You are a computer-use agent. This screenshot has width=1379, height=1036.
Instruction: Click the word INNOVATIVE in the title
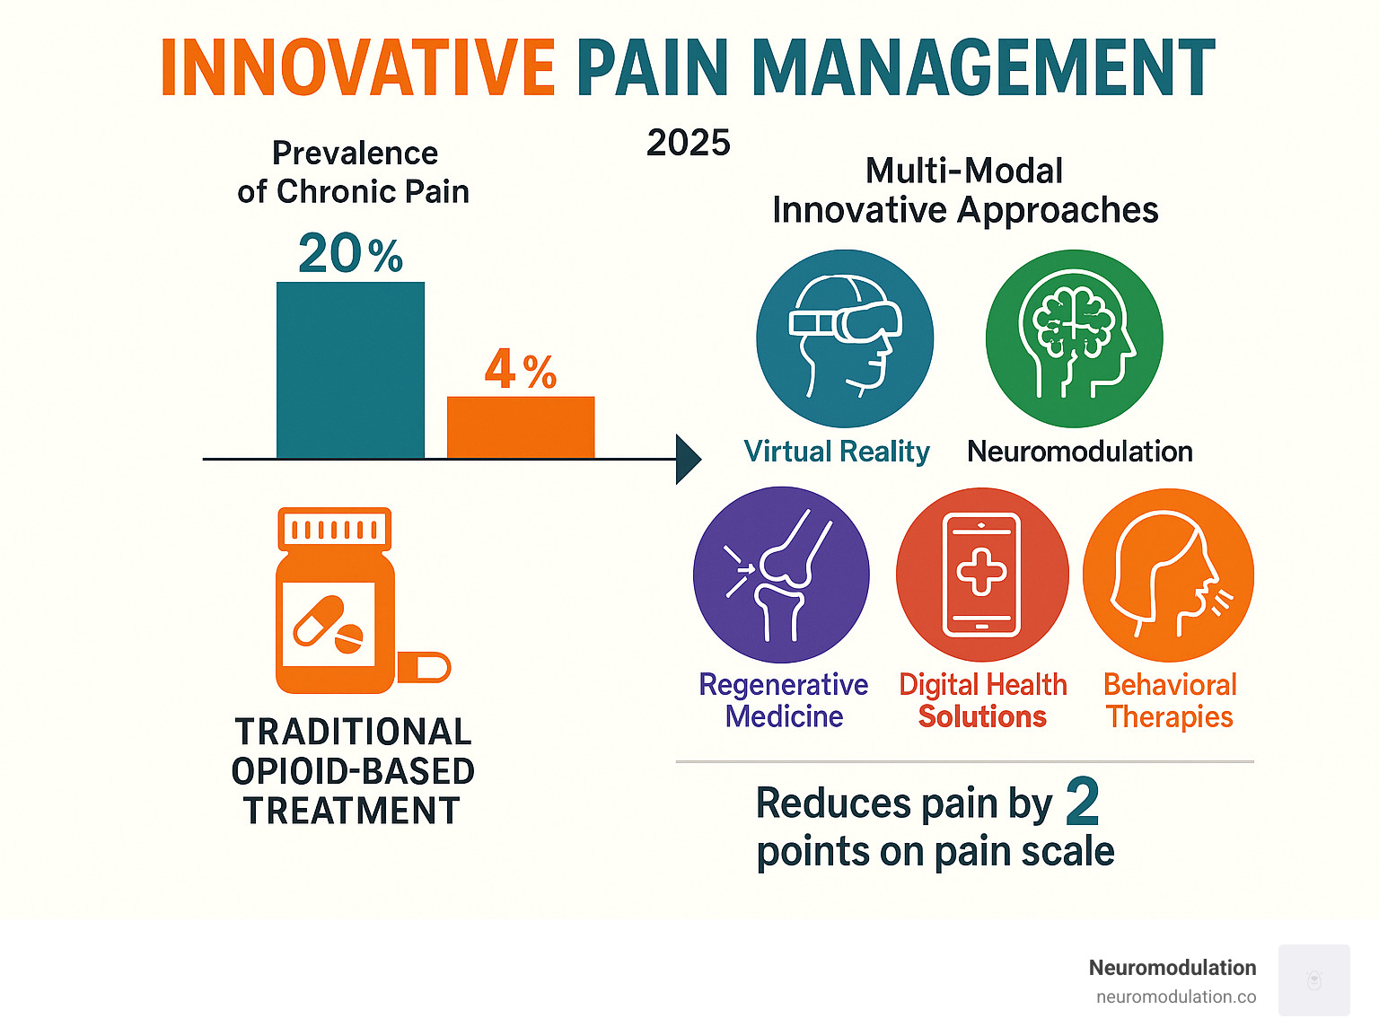pyautogui.click(x=358, y=68)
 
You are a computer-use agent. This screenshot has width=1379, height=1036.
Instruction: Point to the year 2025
pyautogui.click(x=689, y=143)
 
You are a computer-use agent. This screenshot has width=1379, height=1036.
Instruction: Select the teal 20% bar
pyautogui.click(x=350, y=370)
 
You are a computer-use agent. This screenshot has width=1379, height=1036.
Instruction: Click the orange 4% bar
pyautogui.click(x=521, y=427)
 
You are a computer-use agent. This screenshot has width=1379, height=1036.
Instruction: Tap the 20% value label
pyautogui.click(x=350, y=254)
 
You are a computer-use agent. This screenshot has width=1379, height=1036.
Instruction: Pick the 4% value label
pyautogui.click(x=521, y=370)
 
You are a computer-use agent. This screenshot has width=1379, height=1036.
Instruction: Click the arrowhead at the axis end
pyautogui.click(x=688, y=460)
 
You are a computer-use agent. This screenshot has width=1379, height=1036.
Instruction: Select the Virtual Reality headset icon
pyautogui.click(x=845, y=338)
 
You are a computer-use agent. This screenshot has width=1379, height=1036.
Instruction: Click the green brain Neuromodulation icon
pyautogui.click(x=1074, y=338)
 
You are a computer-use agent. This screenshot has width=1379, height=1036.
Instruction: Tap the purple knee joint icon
pyautogui.click(x=781, y=575)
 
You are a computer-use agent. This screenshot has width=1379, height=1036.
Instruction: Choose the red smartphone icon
pyautogui.click(x=982, y=575)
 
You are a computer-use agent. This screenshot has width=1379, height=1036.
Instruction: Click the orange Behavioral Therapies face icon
pyautogui.click(x=1169, y=575)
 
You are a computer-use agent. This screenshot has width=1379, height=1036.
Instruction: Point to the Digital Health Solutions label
pyautogui.click(x=983, y=700)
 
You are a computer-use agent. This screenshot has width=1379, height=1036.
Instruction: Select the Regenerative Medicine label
pyautogui.click(x=784, y=700)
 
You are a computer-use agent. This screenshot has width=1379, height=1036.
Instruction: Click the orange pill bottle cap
pyautogui.click(x=334, y=528)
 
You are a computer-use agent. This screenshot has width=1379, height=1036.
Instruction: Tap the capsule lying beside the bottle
pyautogui.click(x=424, y=667)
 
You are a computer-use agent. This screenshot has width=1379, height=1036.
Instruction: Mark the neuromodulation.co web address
pyautogui.click(x=1176, y=996)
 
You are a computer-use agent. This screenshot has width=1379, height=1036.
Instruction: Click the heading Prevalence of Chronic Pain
pyautogui.click(x=354, y=172)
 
